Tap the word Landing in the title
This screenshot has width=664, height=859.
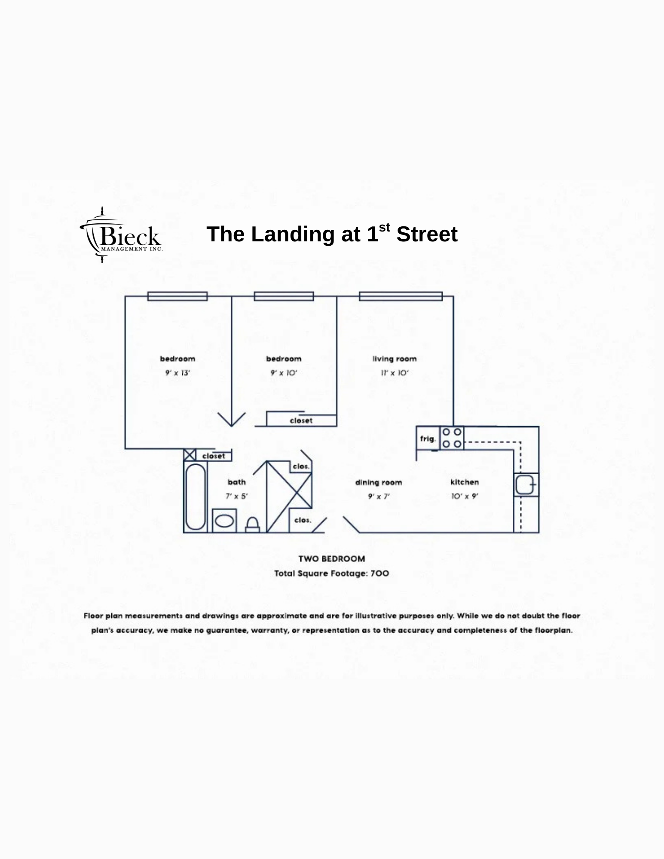tap(293, 235)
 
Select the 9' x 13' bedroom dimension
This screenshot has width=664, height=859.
tap(177, 373)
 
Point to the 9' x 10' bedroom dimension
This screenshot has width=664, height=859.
tap(284, 373)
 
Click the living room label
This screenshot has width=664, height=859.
tap(395, 359)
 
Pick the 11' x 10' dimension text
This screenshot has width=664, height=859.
tap(395, 373)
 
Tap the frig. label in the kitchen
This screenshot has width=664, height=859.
tap(428, 439)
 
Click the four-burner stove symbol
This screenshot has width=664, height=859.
tap(452, 438)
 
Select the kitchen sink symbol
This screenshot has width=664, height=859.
tap(526, 484)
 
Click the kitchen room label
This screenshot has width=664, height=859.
tap(465, 482)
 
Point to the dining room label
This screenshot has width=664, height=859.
tap(379, 482)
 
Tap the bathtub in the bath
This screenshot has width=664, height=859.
tap(196, 497)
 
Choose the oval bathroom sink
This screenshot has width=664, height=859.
tap(224, 521)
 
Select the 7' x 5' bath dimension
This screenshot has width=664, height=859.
tap(237, 496)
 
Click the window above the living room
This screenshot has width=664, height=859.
tap(401, 296)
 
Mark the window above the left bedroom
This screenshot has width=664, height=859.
tap(177, 296)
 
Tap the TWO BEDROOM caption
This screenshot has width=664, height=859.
tap(332, 559)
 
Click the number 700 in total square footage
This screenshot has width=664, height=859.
tap(380, 573)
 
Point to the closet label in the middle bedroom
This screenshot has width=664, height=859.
tap(301, 420)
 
